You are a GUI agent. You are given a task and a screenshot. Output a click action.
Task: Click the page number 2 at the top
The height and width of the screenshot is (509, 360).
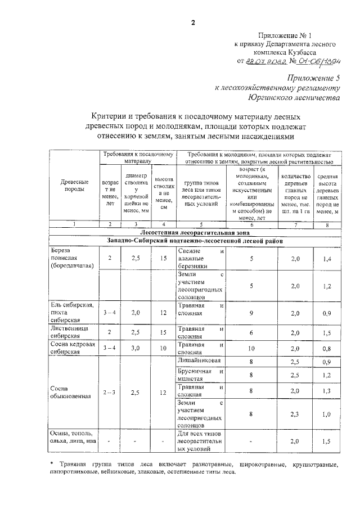tap(192, 22)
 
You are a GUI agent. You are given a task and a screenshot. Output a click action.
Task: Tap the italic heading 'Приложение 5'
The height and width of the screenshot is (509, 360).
tap(312, 78)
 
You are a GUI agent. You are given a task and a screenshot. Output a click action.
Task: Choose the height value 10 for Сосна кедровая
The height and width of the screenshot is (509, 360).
tap(163, 348)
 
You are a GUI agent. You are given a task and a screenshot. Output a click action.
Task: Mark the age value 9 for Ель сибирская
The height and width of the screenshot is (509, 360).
tap(251, 313)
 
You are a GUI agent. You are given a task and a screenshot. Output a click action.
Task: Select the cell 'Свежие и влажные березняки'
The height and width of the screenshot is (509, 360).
tap(201, 258)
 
